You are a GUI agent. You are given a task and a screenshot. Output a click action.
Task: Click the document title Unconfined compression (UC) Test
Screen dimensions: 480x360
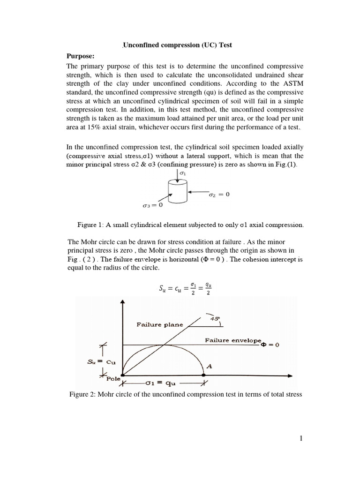click(178, 45)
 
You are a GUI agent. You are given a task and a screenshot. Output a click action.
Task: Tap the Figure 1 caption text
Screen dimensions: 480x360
click(190, 225)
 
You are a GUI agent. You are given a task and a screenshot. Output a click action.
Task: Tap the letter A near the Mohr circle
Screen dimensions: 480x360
click(210, 367)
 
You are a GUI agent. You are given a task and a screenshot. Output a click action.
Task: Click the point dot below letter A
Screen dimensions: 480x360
click(203, 375)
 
